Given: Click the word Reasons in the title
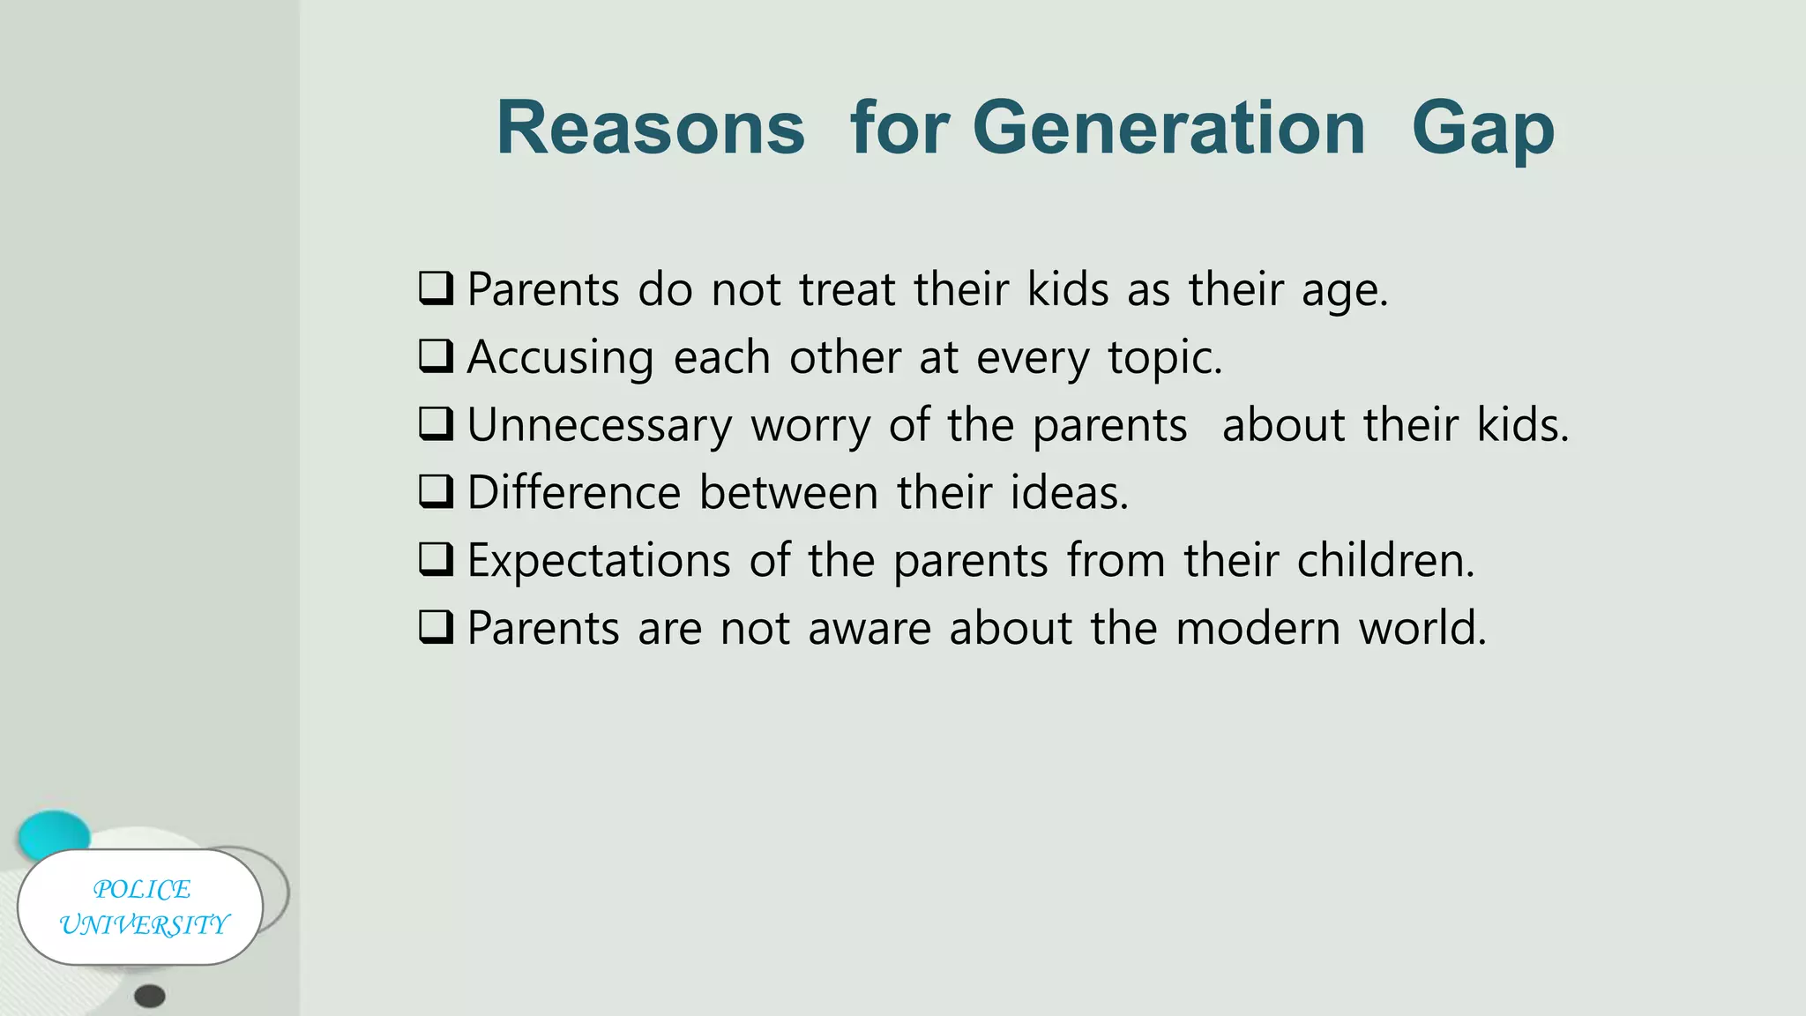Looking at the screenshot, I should coord(651,129).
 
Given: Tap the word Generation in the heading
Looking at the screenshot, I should coord(1169,129).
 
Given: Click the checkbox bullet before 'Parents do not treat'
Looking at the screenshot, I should coord(437,288).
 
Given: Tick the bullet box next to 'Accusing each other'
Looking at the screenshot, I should coord(437,356).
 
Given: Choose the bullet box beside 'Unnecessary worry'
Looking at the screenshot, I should coord(437,424).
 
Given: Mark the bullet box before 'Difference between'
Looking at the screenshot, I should coord(437,491).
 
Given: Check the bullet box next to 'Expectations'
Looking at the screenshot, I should coord(437,559).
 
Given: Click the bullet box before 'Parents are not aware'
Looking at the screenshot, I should coord(437,627).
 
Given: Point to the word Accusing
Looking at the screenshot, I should coord(561,358).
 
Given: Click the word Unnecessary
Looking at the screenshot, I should coord(600,426).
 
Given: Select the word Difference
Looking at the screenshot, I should coord(574,492).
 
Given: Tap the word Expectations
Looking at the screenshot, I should coord(600,561).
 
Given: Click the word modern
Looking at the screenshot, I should coord(1258,628).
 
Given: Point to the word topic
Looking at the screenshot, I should coord(1165,358).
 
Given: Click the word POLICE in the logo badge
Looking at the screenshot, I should coord(142,889).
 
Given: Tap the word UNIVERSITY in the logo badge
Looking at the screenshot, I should coord(144,924).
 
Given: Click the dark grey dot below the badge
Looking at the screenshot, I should coord(150,997).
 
